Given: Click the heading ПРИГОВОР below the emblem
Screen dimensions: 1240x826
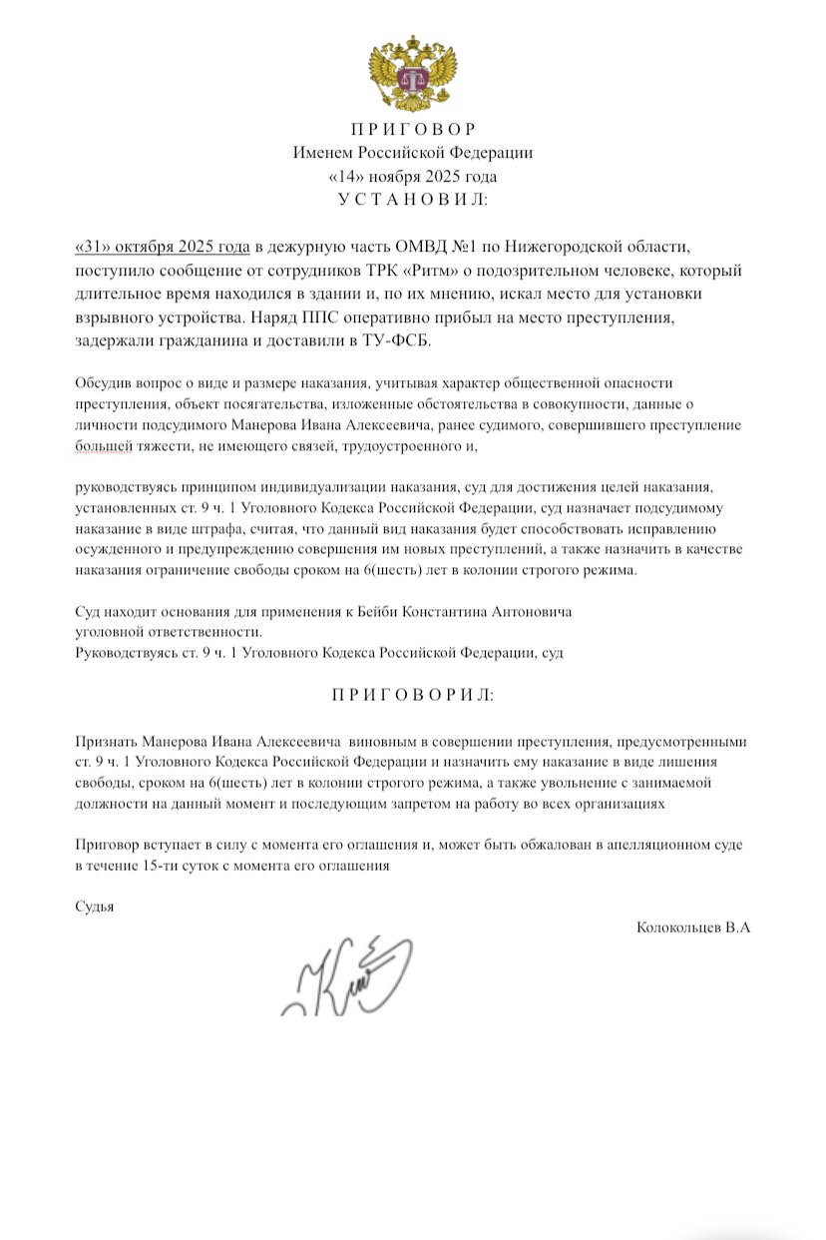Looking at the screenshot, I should click(x=413, y=130).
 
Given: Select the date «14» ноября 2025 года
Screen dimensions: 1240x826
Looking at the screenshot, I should click(x=413, y=177).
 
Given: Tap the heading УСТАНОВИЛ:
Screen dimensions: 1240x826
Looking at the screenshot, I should click(x=413, y=200).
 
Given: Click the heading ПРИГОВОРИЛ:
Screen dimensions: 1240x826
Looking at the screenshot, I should click(x=413, y=695).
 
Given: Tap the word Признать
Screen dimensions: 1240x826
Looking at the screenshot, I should click(x=106, y=743).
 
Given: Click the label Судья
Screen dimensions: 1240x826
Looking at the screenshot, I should click(x=96, y=906).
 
